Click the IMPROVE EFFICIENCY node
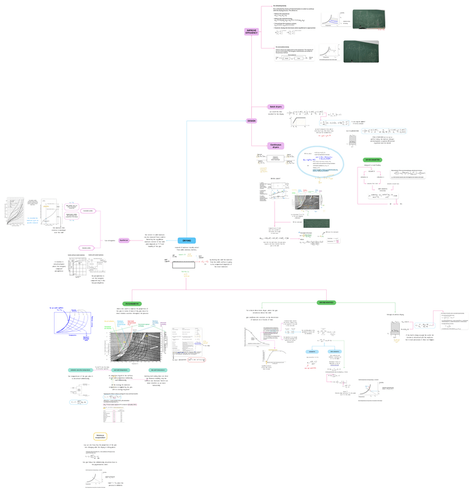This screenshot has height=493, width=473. [251, 31]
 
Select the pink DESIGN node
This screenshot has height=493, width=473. [251, 121]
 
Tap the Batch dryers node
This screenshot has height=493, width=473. [275, 106]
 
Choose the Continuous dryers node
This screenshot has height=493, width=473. [275, 146]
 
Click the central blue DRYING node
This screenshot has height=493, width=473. [186, 240]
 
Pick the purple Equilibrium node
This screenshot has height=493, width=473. [124, 240]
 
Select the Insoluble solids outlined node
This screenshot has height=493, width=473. [88, 211]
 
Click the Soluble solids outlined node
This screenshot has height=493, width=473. [86, 248]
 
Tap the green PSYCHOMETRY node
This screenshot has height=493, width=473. [132, 303]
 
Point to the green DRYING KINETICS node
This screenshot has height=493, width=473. [326, 303]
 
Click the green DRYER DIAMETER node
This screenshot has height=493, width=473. [372, 159]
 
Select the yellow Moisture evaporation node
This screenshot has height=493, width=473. [100, 436]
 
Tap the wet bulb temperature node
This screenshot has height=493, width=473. [121, 370]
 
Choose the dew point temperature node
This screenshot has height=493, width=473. [159, 370]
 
